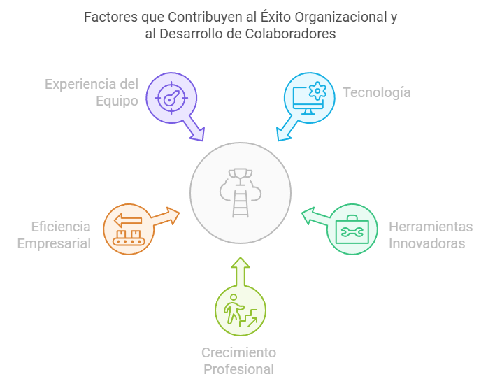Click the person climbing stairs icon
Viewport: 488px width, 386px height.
pos(240,311)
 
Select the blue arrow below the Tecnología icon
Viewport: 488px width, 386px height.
pos(285,131)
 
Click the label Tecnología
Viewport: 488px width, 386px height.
pos(376,92)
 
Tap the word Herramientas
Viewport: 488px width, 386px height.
pos(431,227)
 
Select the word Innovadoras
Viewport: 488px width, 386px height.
pos(426,243)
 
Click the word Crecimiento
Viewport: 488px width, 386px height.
pos(238,352)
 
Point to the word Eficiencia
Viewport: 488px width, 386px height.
pos(61,227)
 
